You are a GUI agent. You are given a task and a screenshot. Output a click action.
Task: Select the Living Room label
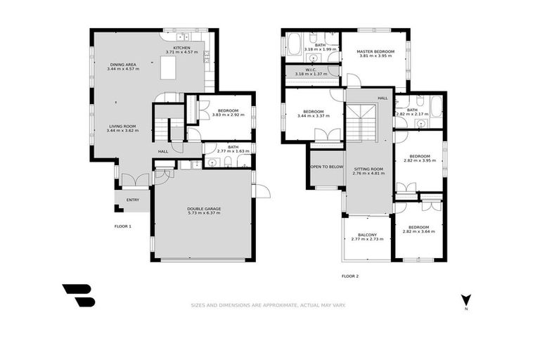point(122,127)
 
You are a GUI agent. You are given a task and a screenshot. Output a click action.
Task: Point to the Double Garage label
point(203,208)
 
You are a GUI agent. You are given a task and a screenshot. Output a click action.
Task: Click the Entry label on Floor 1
point(132,200)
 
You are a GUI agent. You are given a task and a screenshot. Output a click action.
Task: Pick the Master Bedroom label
point(375,51)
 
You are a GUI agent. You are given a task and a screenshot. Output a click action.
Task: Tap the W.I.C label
point(310,70)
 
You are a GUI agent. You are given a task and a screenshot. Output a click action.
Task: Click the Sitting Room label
point(368,169)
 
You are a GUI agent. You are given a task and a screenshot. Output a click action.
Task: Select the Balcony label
point(367,235)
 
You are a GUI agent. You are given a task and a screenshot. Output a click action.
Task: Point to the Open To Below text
point(327,167)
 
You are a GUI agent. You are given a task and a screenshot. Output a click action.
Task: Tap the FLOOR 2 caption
point(350,276)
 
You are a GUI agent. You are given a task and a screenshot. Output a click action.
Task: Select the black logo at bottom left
point(78,295)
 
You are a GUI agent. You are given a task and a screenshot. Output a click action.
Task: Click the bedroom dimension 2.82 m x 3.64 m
point(418,231)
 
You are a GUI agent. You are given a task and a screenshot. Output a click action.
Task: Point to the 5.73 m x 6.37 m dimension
point(203,213)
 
